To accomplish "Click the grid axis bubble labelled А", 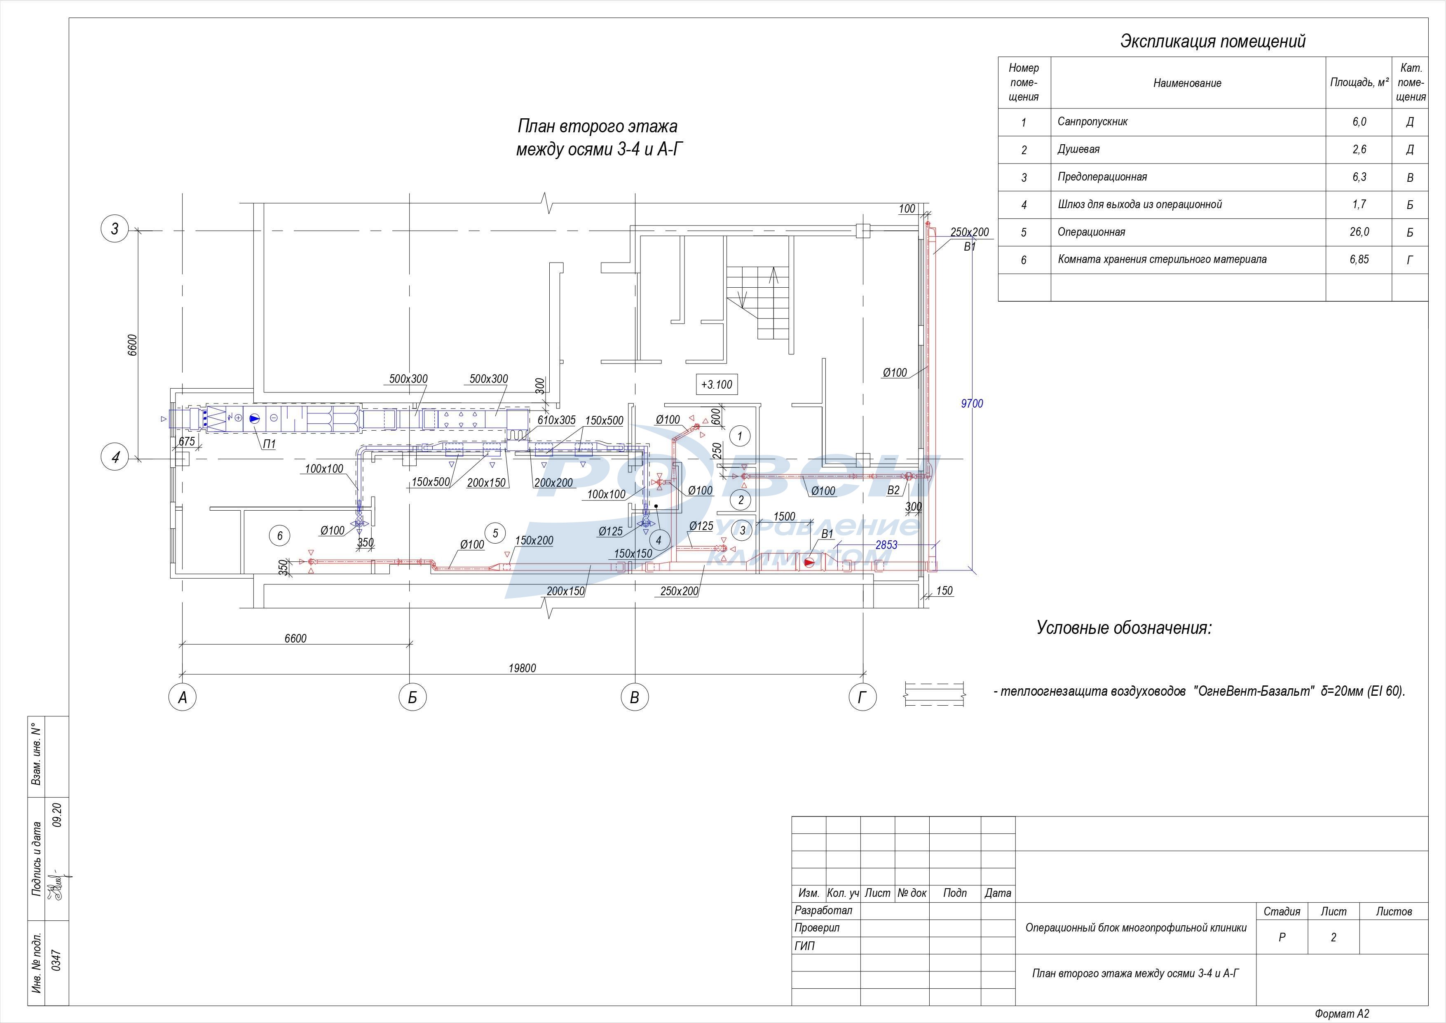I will tap(183, 697).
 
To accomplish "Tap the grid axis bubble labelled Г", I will tap(862, 697).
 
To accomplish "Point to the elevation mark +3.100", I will tap(717, 384).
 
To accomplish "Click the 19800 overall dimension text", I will tap(522, 668).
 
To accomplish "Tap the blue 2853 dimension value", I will tap(886, 545).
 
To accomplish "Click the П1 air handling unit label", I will tap(270, 444).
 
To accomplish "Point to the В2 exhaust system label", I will tap(893, 490).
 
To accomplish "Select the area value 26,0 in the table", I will tap(1359, 232).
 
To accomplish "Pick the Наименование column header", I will tap(1187, 83).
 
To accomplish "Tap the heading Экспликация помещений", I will tap(1212, 42).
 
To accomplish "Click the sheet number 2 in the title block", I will tap(1333, 937).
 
